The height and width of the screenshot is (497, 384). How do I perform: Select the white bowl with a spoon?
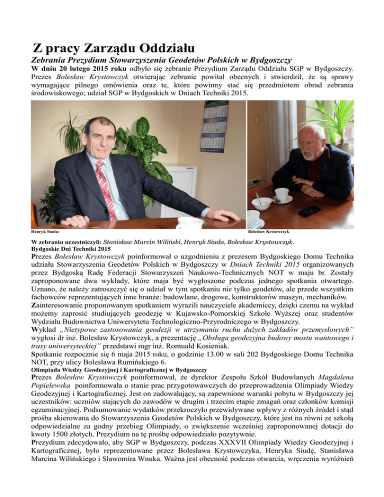tap(262, 202)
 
